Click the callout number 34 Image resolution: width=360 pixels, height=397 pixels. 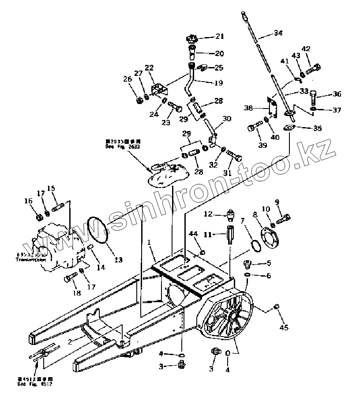pos(278,33)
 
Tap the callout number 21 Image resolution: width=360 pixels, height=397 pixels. pos(219,37)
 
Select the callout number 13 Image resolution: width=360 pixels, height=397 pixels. pos(118,260)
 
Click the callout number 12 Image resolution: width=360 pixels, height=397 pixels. pos(209,214)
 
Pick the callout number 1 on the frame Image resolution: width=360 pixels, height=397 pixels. pos(149,242)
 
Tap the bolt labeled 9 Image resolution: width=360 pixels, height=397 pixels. pos(283,218)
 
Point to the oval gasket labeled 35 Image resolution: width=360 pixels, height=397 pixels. pos(289,129)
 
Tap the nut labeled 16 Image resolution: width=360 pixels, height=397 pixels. pos(38,217)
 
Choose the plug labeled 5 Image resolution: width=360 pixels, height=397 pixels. pos(247,264)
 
